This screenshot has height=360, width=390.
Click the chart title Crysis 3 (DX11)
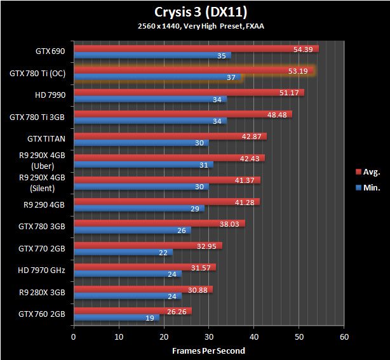point(195,12)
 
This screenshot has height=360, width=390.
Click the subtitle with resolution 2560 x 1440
point(194,27)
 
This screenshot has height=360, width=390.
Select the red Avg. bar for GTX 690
point(196,49)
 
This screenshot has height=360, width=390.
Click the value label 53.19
point(297,71)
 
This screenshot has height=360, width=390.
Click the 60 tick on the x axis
point(344,337)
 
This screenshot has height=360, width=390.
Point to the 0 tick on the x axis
point(74,337)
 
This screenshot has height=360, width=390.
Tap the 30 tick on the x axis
point(209,337)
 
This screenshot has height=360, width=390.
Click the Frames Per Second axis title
point(209,350)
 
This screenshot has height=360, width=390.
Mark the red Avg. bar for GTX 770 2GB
point(148,245)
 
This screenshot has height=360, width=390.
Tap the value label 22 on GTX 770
point(164,253)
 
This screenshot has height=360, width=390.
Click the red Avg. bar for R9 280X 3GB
point(144,289)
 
